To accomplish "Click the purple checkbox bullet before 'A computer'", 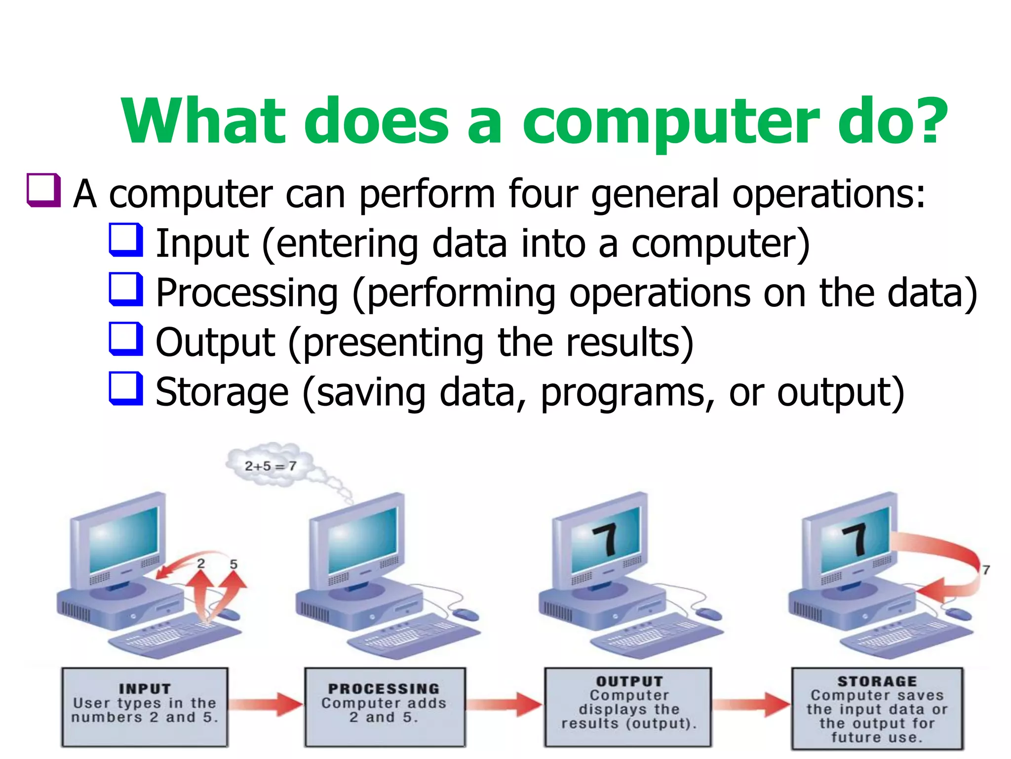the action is pos(44,190).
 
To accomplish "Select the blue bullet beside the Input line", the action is pos(126,240).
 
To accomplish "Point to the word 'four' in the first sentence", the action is pos(543,194).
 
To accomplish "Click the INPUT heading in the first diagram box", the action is pos(145,688).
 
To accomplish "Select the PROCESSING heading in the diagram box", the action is pos(384,688).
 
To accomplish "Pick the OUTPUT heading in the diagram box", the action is pos(629,681).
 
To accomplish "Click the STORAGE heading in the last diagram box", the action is pos(877,681).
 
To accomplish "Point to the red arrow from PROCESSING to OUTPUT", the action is pos(504,704).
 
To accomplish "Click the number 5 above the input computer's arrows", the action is pos(233,564).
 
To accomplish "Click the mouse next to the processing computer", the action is pos(466,614).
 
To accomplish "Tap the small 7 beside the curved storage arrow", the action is pos(986,570).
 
